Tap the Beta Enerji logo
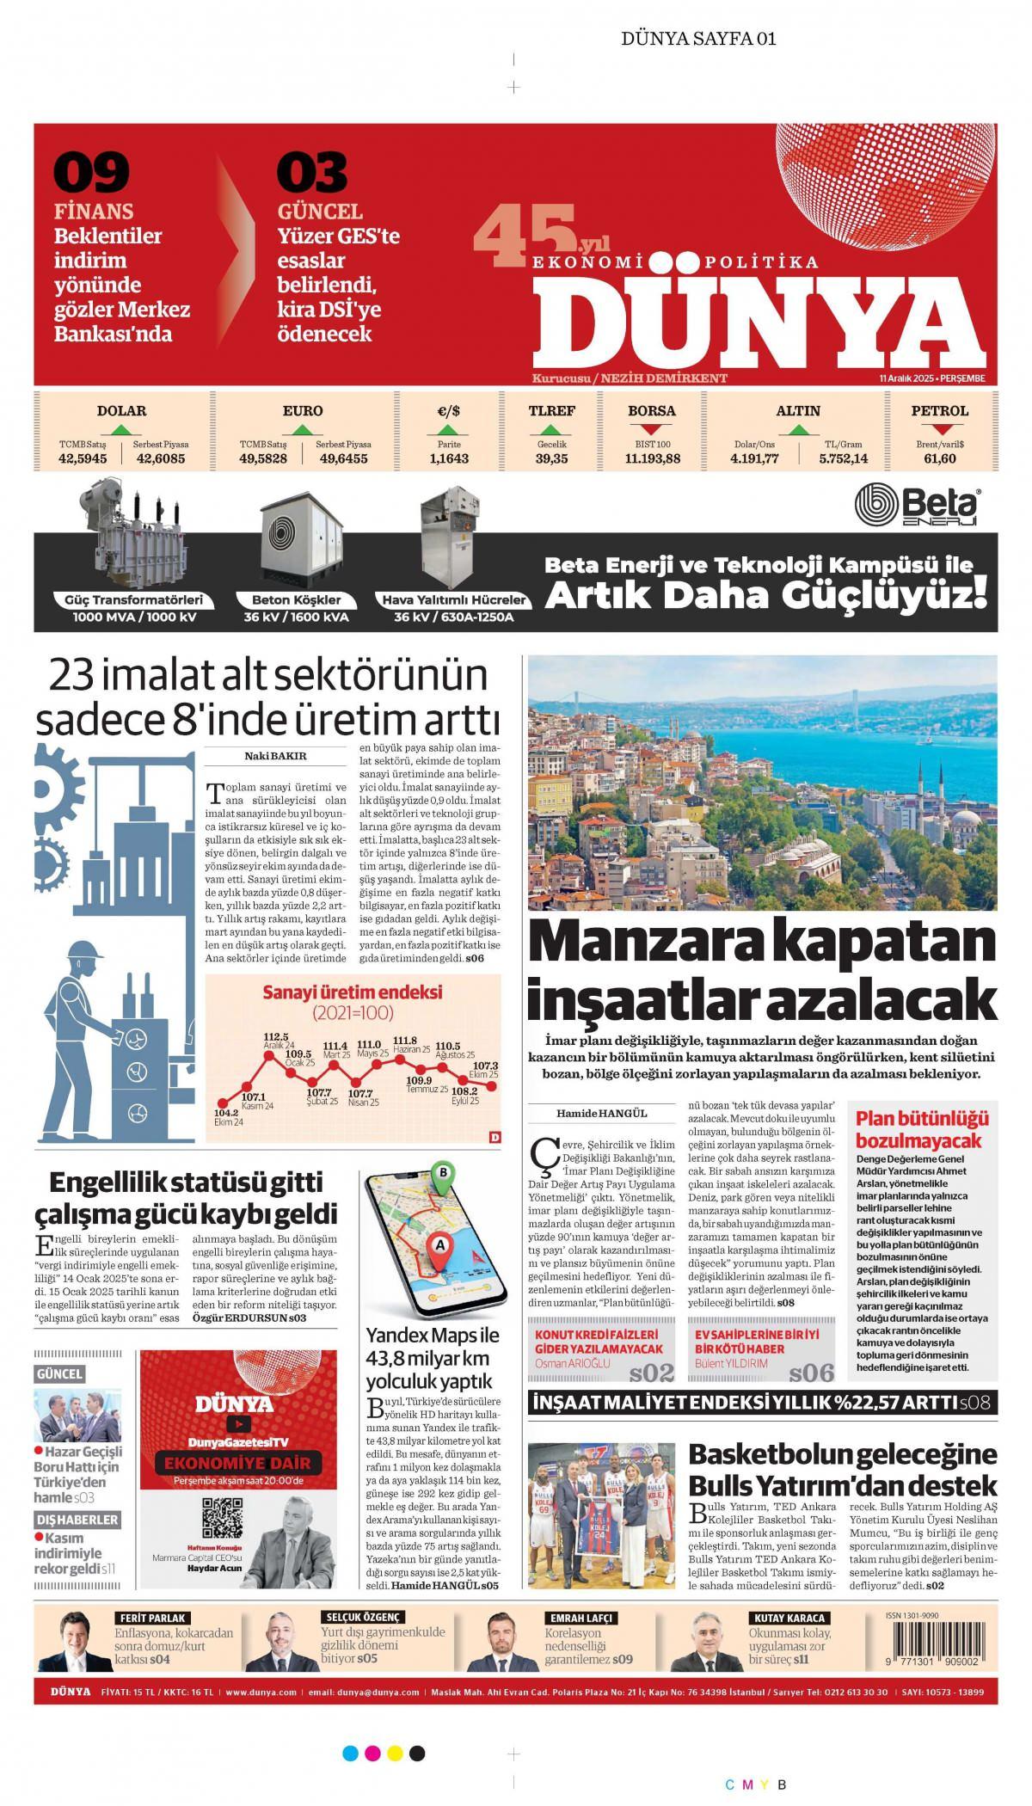[918, 505]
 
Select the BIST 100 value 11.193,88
[652, 458]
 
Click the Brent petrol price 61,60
[940, 458]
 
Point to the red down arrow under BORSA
[652, 428]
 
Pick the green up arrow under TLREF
[551, 428]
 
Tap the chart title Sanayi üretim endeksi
[352, 992]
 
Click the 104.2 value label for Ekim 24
[226, 1112]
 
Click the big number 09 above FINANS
[92, 172]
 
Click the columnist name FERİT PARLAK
[151, 1618]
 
